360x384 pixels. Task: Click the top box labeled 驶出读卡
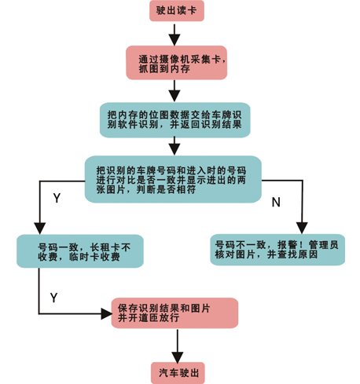tap(177, 10)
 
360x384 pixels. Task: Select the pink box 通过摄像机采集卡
tap(177, 63)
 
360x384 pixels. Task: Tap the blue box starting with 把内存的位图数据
tap(175, 120)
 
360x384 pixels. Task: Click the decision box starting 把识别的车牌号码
tap(173, 179)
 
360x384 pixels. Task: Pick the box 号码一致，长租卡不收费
tap(80, 251)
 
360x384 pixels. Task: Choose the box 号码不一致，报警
tap(277, 250)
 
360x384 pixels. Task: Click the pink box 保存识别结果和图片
tap(174, 313)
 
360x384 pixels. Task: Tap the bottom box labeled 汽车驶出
tap(178, 373)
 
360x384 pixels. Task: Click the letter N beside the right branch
tap(276, 202)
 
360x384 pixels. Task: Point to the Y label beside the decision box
tap(57, 198)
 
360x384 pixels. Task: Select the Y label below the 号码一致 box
tap(53, 298)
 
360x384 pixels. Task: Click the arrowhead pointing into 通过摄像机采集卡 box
tap(174, 40)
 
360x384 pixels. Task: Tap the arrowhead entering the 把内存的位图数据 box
tap(174, 96)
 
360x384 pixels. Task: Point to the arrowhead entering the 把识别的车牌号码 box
tap(174, 149)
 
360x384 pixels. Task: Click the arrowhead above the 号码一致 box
tap(40, 229)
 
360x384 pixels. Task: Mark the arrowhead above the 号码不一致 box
tap(302, 228)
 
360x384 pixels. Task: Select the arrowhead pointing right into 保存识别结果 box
tap(106, 313)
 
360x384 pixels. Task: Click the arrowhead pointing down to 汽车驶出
tap(178, 357)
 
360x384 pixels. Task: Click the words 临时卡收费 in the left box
tap(94, 257)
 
